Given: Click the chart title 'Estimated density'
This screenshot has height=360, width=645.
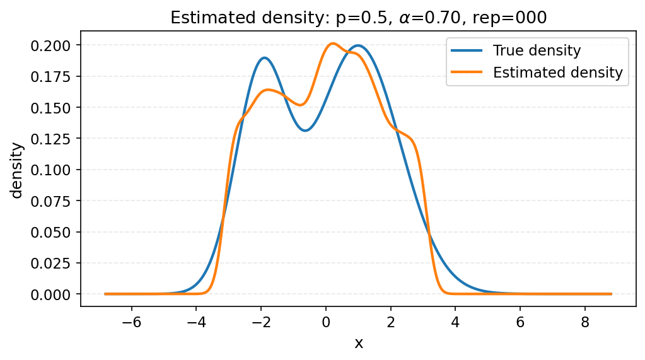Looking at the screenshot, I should coord(358,18).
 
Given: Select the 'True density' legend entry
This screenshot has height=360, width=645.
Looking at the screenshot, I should coord(537,50).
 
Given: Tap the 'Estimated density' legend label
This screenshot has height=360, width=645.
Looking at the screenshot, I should coord(557,73).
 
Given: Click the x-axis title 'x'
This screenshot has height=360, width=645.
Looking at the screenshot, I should coord(358,343).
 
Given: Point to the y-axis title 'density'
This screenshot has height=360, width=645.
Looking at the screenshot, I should coord(17,170).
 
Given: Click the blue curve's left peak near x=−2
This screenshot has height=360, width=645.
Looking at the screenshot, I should coord(264,58).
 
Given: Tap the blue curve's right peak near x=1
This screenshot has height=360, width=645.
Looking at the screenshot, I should coord(358,45).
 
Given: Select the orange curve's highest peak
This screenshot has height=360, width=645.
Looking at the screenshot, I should coord(333,44).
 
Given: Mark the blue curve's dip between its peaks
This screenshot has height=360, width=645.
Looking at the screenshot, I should coord(305,131).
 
